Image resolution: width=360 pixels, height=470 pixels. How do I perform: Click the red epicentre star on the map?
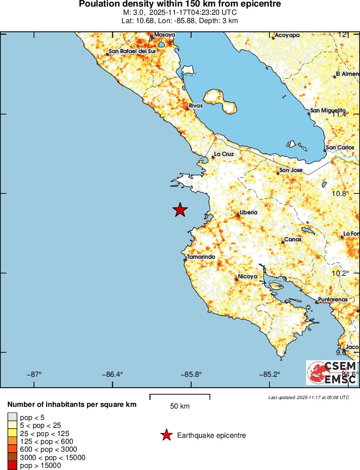click(180, 210)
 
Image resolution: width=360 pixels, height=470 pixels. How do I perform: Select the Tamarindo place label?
click(201, 257)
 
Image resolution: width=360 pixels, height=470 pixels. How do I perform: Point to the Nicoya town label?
click(248, 277)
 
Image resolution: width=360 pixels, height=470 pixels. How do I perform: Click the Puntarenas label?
click(333, 300)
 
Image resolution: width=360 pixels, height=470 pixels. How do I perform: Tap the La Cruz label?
click(224, 154)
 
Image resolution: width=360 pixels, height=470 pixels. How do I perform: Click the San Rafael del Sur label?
click(132, 51)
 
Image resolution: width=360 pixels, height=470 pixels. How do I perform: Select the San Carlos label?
click(340, 148)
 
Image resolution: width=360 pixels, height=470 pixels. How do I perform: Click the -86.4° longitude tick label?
click(112, 374)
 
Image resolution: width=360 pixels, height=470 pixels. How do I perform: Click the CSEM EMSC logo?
click(332, 373)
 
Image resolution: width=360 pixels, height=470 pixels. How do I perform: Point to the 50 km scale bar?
click(180, 397)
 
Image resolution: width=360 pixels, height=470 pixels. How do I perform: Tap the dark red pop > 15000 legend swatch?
click(12, 466)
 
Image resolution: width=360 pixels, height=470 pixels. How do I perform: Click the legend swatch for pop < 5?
click(12, 417)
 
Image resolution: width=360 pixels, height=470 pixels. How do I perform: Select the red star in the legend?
click(166, 435)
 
